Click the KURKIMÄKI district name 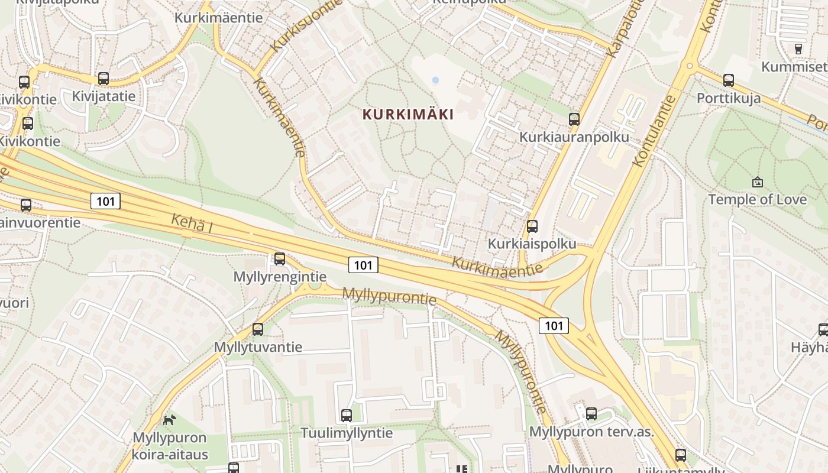pyautogui.click(x=408, y=114)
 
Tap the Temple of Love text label pyautogui.click(x=757, y=199)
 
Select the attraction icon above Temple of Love pyautogui.click(x=757, y=182)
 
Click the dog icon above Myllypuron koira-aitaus pyautogui.click(x=169, y=420)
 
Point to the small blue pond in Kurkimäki pyautogui.click(x=436, y=80)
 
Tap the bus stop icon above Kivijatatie pyautogui.click(x=103, y=79)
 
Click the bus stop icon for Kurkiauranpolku pyautogui.click(x=574, y=119)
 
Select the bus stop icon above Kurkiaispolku pyautogui.click(x=532, y=226)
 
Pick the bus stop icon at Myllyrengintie pyautogui.click(x=280, y=259)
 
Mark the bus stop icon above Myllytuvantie pyautogui.click(x=258, y=329)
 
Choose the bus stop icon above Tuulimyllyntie pyautogui.click(x=347, y=416)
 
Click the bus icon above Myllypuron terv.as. pyautogui.click(x=591, y=414)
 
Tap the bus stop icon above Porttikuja pyautogui.click(x=729, y=80)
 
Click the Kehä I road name pyautogui.click(x=192, y=223)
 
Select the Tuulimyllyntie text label pyautogui.click(x=347, y=433)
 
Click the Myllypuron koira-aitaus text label pyautogui.click(x=170, y=446)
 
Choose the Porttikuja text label pyautogui.click(x=729, y=98)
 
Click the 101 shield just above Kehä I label pyautogui.click(x=106, y=201)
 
